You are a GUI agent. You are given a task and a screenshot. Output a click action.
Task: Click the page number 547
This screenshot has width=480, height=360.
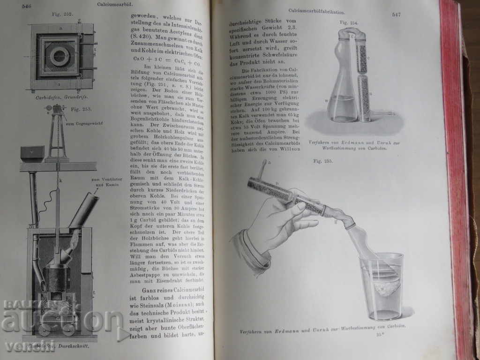pos(396,15)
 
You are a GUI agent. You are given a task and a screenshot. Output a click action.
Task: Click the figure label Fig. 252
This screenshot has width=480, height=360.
pos(65,14)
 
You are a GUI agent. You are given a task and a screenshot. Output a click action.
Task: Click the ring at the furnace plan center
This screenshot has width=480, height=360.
pos(60,57)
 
